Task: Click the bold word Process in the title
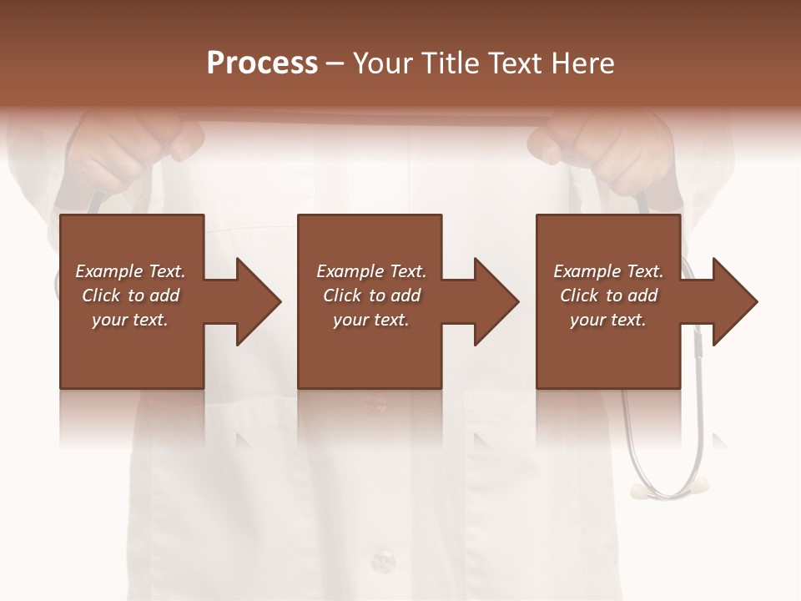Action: [262, 63]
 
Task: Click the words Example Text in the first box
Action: [130, 271]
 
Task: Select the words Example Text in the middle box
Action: [371, 271]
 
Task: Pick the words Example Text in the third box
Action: [608, 271]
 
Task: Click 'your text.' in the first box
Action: [130, 320]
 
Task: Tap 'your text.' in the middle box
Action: [371, 320]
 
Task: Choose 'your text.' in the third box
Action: [608, 320]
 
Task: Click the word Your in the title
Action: [383, 63]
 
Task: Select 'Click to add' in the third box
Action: [608, 295]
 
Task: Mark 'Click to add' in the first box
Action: [130, 295]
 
